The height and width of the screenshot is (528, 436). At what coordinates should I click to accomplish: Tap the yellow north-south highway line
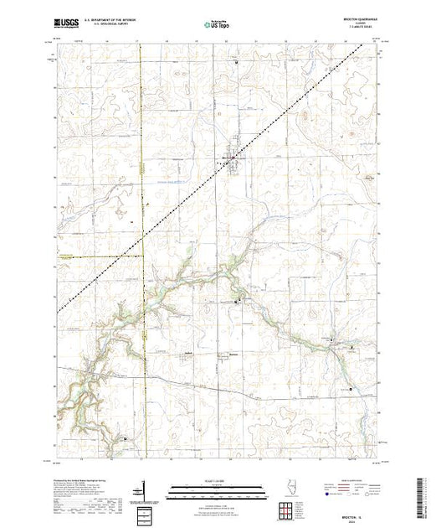pyautogui.click(x=141, y=251)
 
